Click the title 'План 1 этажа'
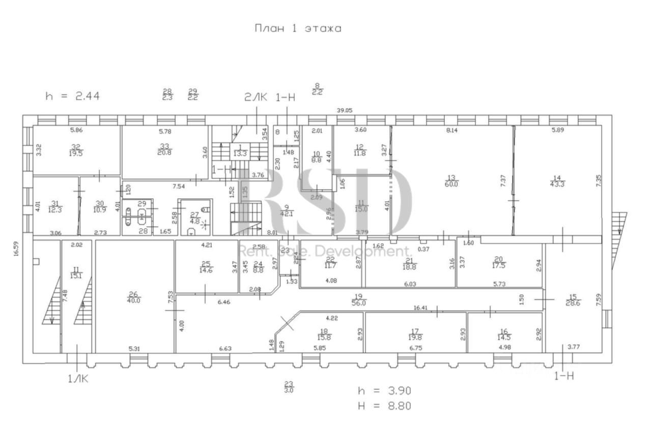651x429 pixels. coord(298,28)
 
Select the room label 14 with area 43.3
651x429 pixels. coord(556,181)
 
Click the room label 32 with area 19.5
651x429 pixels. coord(76,150)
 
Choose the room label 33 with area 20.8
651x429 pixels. coord(164,150)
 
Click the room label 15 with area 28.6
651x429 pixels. coord(573,299)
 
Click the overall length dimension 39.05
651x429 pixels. coord(345,110)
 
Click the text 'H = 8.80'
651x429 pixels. coord(384,406)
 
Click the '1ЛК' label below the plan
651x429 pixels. coord(78,379)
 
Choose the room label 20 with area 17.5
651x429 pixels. coord(499,262)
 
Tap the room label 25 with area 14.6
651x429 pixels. coord(206,267)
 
